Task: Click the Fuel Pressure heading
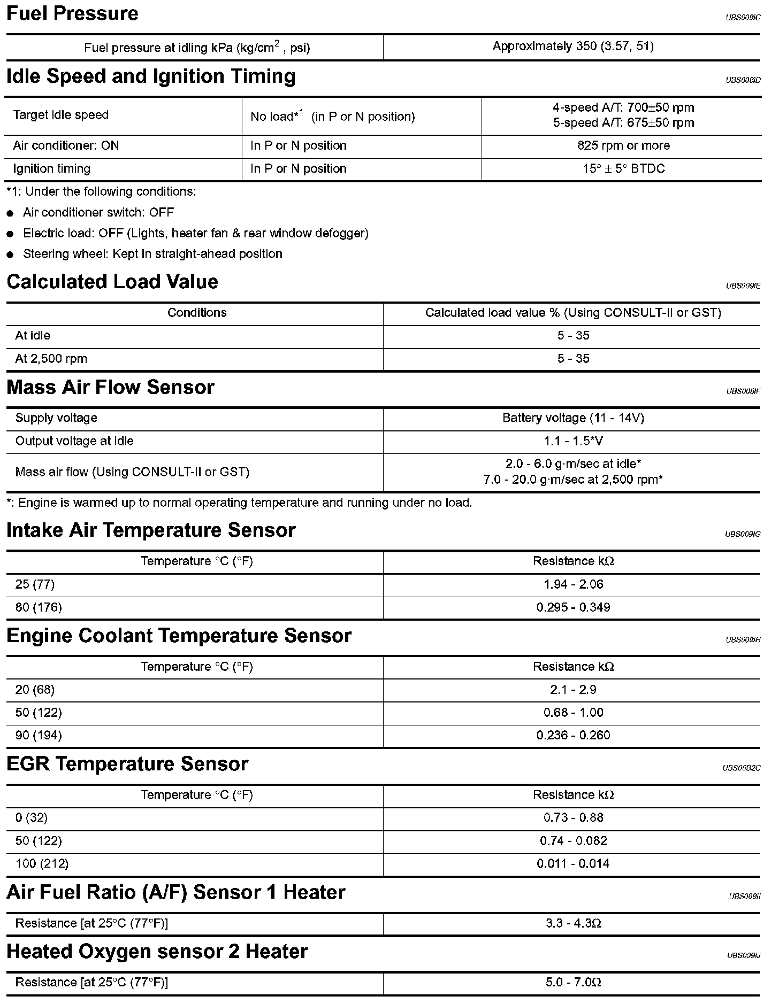click(x=72, y=13)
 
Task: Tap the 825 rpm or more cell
click(x=623, y=146)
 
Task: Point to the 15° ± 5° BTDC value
click(x=623, y=169)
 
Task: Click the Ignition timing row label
click(x=52, y=169)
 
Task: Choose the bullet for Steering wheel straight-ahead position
click(x=10, y=255)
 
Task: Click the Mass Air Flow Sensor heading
click(x=110, y=388)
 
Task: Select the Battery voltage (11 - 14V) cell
click(x=573, y=418)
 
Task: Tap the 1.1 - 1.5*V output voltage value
click(x=573, y=442)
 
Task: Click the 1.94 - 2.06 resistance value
click(x=573, y=584)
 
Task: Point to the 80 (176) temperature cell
click(x=39, y=607)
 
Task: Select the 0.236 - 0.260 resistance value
click(x=573, y=736)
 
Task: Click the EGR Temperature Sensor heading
click(x=127, y=764)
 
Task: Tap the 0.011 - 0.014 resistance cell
click(x=573, y=864)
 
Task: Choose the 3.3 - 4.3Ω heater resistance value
click(x=573, y=923)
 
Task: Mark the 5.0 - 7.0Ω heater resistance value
click(x=573, y=983)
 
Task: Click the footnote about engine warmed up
click(x=239, y=503)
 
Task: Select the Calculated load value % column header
click(x=573, y=313)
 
